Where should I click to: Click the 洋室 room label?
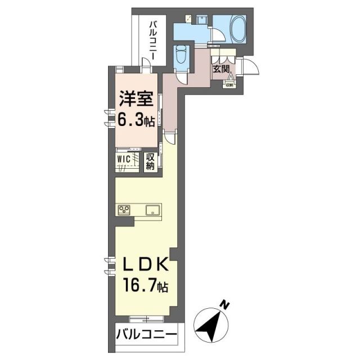135,100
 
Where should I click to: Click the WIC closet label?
124,159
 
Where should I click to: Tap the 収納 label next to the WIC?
151,161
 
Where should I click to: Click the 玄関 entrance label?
221,69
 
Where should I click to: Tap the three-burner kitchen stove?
124,210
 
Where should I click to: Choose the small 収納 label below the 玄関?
229,85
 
